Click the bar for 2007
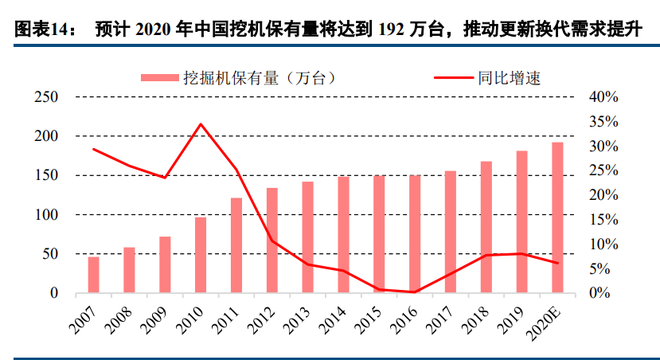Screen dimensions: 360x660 [93, 275]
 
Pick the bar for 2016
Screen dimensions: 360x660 [415, 234]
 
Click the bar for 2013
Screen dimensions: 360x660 [307, 237]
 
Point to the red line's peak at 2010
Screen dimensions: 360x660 [201, 124]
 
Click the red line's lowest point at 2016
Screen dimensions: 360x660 [415, 292]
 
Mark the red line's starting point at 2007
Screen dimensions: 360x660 [93, 149]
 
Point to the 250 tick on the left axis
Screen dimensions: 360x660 [47, 97]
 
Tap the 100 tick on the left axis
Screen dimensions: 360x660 [47, 215]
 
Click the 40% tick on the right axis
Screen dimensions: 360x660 [603, 97]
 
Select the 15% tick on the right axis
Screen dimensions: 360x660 [603, 220]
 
